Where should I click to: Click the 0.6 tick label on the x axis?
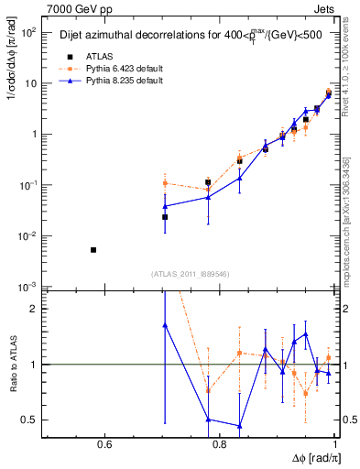click(104, 446)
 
